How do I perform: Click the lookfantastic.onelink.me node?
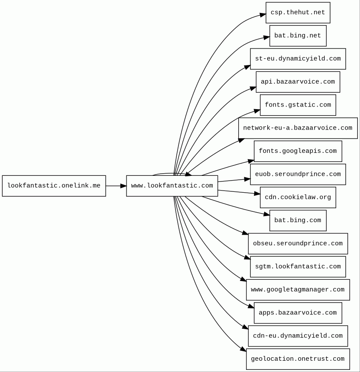pyautogui.click(x=54, y=186)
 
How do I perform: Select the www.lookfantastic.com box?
pyautogui.click(x=172, y=186)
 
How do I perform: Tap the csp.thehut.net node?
pyautogui.click(x=298, y=13)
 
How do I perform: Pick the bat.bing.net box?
pyautogui.click(x=298, y=36)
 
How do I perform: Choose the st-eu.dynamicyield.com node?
pyautogui.click(x=298, y=59)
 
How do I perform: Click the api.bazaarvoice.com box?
pyautogui.click(x=298, y=82)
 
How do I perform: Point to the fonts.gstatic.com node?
pyautogui.click(x=298, y=105)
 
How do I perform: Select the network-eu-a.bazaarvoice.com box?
pyautogui.click(x=298, y=128)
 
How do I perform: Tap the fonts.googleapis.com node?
pyautogui.click(x=298, y=151)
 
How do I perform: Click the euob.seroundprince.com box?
pyautogui.click(x=298, y=174)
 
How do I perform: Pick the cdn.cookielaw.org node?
pyautogui.click(x=298, y=197)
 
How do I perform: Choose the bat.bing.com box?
pyautogui.click(x=298, y=220)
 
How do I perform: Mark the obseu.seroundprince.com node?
pyautogui.click(x=298, y=243)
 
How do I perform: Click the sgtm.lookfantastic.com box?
pyautogui.click(x=298, y=267)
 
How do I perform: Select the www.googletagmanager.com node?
pyautogui.click(x=298, y=290)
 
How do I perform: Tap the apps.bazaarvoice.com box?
pyautogui.click(x=298, y=313)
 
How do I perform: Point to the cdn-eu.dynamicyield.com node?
pyautogui.click(x=298, y=336)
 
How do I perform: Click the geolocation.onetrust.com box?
pyautogui.click(x=298, y=359)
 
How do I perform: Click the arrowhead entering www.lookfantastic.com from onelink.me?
pyautogui.click(x=123, y=186)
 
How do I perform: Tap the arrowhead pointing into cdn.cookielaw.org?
pyautogui.click(x=257, y=194)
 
